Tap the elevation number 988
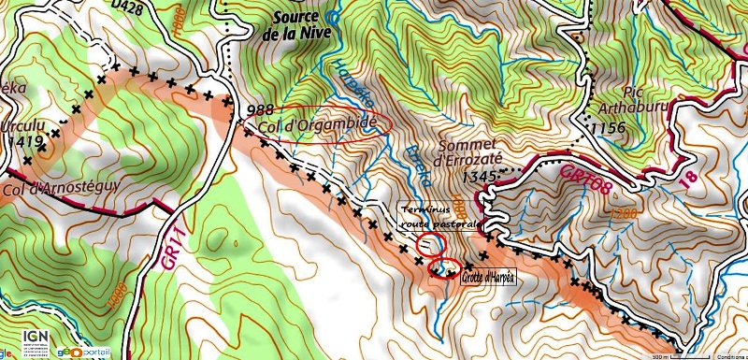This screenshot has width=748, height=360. pos(261,110)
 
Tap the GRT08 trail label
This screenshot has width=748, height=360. pos(584,183)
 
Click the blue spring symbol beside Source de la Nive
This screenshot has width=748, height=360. pos(331,14)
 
